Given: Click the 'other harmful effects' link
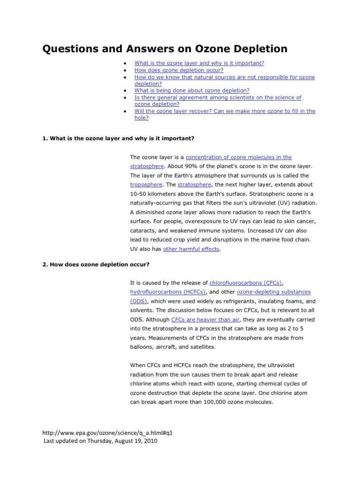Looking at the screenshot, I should tap(191, 249).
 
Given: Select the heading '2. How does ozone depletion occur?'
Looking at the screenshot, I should tap(96, 265).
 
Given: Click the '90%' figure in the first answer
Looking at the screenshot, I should tap(183, 166).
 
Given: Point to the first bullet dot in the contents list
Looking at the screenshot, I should tap(123, 63).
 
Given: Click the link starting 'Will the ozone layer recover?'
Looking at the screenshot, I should tap(225, 111).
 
